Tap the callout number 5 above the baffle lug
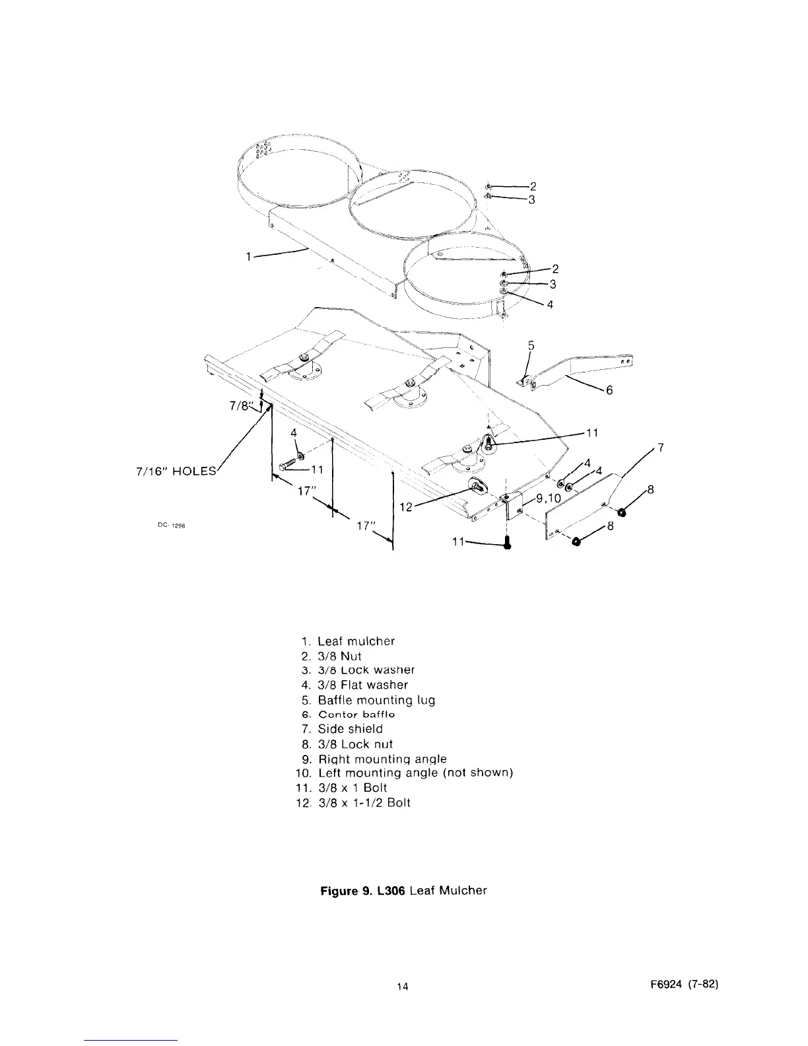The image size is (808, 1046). point(531,345)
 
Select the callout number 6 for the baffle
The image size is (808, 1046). point(609,390)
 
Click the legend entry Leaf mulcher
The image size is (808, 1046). point(356,641)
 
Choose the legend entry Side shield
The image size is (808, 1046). point(350,729)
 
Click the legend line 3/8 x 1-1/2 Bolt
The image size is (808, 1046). point(364,803)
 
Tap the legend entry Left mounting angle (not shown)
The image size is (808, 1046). point(415,773)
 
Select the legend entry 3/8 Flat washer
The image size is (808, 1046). point(362,685)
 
